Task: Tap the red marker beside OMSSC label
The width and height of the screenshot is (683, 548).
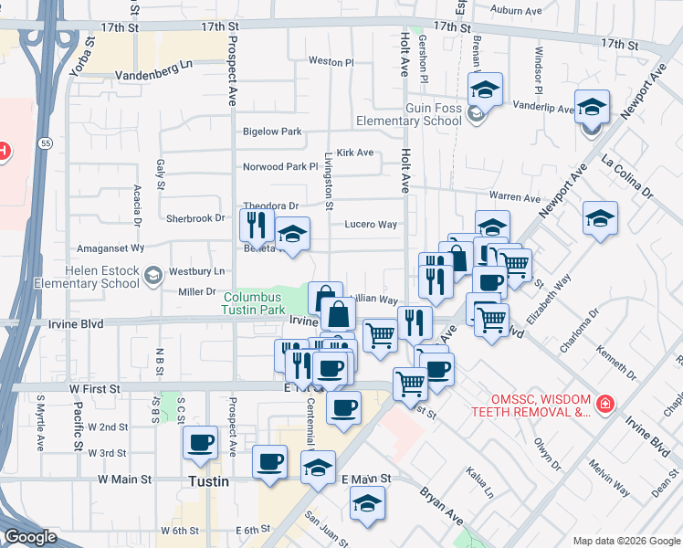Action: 604,403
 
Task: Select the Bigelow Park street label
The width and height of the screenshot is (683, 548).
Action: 272,132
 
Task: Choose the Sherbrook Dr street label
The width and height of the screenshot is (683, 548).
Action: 195,218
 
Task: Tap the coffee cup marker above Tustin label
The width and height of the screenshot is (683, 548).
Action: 200,443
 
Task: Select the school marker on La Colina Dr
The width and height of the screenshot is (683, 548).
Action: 600,219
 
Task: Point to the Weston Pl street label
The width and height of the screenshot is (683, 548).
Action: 331,61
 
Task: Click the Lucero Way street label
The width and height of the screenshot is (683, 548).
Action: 370,224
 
